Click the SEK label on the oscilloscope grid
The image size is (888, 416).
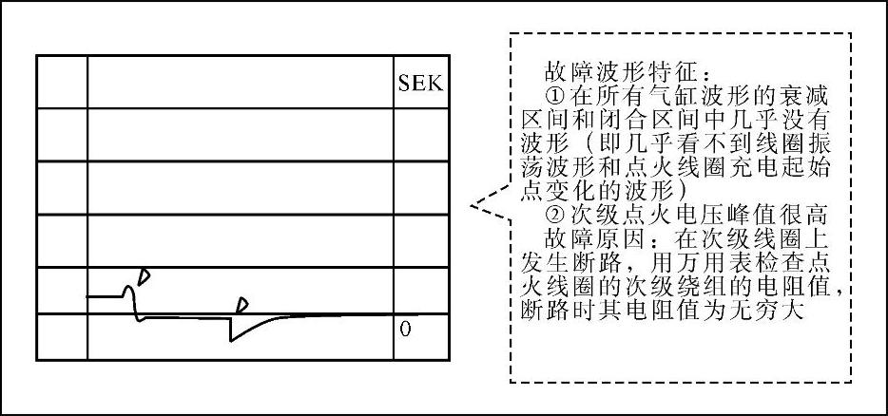tap(418, 81)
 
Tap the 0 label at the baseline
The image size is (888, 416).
tap(405, 329)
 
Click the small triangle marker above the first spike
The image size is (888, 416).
tap(144, 274)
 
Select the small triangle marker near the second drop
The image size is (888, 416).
tap(242, 304)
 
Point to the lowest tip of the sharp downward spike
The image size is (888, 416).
tap(231, 341)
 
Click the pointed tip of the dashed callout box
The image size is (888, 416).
tap(473, 205)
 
